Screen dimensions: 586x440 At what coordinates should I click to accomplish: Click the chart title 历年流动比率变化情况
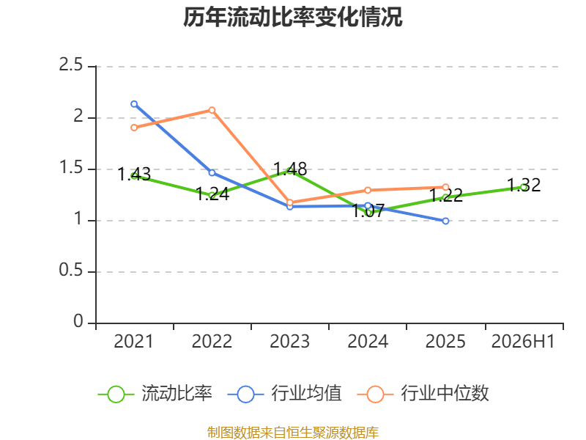pyautogui.click(x=292, y=17)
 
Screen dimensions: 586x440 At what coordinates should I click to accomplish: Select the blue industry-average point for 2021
pyautogui.click(x=134, y=104)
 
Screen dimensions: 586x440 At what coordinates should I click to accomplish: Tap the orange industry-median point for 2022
pyautogui.click(x=212, y=110)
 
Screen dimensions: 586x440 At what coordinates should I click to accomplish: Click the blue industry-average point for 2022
pyautogui.click(x=212, y=173)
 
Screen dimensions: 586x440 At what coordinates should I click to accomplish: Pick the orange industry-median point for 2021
pyautogui.click(x=134, y=128)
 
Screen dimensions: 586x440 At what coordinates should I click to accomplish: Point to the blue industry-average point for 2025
pyautogui.click(x=445, y=221)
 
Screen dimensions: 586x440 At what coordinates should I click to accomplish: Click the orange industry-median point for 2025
pyautogui.click(x=445, y=187)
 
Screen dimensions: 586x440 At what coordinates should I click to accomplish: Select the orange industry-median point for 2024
pyautogui.click(x=368, y=191)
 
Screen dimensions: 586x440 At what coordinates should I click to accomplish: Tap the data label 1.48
pyautogui.click(x=290, y=169)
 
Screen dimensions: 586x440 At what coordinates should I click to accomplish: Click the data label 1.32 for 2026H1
pyautogui.click(x=524, y=186)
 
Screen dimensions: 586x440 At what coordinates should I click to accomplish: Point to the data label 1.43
pyautogui.click(x=134, y=175)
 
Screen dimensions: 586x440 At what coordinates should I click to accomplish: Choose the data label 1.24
pyautogui.click(x=212, y=194)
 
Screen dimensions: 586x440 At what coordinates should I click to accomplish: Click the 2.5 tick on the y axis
pyautogui.click(x=70, y=65)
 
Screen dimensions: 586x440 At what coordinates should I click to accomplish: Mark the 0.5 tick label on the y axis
pyautogui.click(x=70, y=270)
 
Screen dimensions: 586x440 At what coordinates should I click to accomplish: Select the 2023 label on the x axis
pyautogui.click(x=289, y=342)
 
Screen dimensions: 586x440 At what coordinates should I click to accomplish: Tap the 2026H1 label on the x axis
pyautogui.click(x=523, y=342)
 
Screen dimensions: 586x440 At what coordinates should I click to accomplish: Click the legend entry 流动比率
pyautogui.click(x=155, y=394)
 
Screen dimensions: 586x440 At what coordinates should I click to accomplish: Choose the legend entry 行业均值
pyautogui.click(x=284, y=394)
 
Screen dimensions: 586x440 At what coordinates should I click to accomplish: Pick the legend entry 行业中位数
pyautogui.click(x=423, y=394)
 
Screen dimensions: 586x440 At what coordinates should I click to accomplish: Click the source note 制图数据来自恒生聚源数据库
pyautogui.click(x=292, y=433)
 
